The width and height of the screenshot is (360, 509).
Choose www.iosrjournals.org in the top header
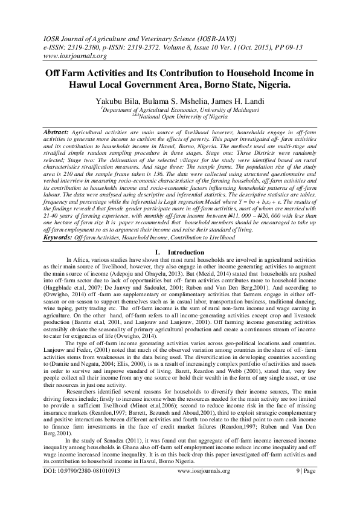[x=75, y=56]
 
